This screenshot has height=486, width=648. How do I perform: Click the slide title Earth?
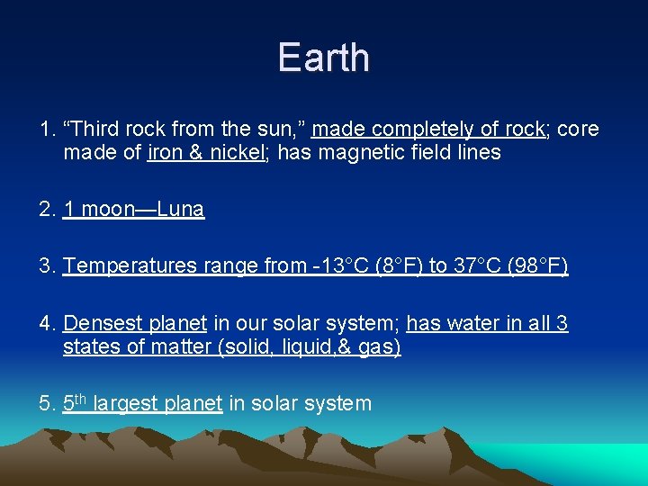click(323, 58)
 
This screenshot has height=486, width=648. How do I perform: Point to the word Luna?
click(181, 210)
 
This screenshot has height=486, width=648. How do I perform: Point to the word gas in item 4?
click(378, 346)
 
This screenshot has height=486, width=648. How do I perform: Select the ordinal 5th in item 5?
click(76, 402)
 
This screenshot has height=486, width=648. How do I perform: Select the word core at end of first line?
click(578, 130)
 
